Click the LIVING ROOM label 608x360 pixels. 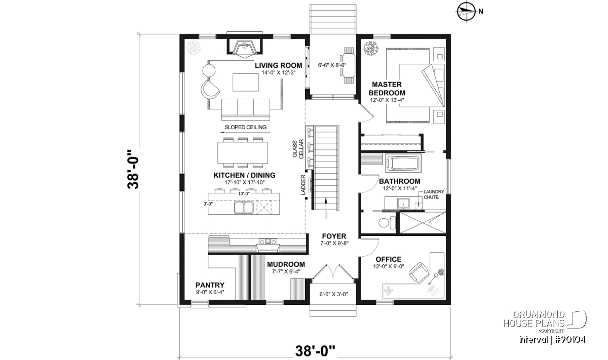tap(278, 65)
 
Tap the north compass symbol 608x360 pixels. tap(466, 12)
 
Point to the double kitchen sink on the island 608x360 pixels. tap(244, 207)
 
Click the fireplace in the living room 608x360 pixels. tap(245, 49)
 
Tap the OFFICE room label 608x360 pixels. tap(389, 259)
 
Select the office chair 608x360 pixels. tap(420, 272)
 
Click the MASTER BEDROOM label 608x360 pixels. tap(387, 89)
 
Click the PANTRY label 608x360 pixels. tap(210, 285)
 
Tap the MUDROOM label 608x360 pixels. tap(286, 264)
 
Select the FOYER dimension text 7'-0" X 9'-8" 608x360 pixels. tap(334, 244)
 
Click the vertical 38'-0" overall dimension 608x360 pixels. tap(133, 169)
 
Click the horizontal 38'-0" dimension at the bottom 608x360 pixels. tap(315, 351)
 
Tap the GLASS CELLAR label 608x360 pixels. tap(298, 149)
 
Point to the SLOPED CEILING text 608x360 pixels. tap(245, 127)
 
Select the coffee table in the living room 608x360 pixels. tap(246, 82)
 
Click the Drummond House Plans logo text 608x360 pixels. tap(534, 319)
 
